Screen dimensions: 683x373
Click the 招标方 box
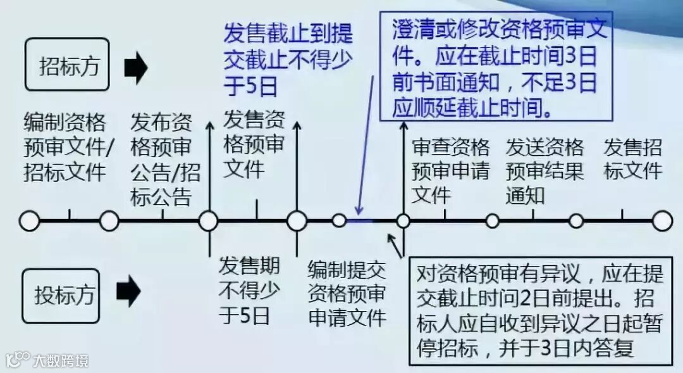(68, 65)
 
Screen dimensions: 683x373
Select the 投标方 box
(64, 295)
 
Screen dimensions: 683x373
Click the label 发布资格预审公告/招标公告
(163, 159)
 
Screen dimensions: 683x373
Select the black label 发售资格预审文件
(254, 144)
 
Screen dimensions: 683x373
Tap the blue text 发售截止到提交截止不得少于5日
(288, 58)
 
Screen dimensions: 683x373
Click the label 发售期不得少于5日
(249, 290)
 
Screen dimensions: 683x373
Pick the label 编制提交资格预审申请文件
(347, 294)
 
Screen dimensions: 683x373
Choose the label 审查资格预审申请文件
(450, 171)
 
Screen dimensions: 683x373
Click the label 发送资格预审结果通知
(544, 171)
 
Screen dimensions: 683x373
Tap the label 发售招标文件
(633, 159)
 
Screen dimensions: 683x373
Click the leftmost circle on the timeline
(29, 221)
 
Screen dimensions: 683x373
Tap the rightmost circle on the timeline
(662, 221)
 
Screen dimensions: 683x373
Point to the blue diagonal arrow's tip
(357, 214)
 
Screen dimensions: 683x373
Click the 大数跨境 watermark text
(61, 361)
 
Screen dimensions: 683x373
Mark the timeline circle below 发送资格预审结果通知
(492, 221)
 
